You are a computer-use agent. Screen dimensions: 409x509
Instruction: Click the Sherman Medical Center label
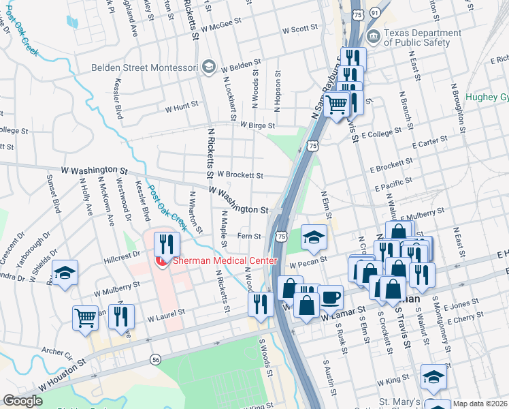tap(225, 261)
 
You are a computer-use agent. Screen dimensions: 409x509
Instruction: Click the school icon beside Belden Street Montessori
tap(208, 67)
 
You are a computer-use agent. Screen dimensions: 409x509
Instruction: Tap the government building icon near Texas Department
tap(372, 36)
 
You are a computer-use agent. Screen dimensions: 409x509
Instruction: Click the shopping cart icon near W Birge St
tap(335, 106)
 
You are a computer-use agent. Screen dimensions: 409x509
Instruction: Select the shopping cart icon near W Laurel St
tap(85, 317)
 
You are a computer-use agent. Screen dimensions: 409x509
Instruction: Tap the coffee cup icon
tap(331, 297)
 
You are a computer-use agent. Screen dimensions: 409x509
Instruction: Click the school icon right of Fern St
tap(314, 237)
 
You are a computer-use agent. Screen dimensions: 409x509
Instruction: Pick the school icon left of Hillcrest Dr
tap(65, 273)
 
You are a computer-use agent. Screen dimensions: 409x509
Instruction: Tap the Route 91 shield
tap(375, 13)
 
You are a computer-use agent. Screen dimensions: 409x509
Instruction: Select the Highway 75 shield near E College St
tap(312, 145)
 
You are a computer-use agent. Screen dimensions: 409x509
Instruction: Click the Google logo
tap(22, 401)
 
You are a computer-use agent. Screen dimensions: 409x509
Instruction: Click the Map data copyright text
tap(480, 403)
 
